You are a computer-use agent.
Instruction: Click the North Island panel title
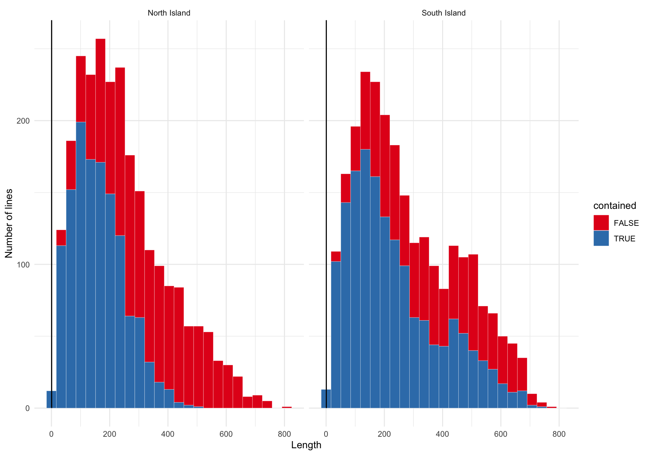pos(169,13)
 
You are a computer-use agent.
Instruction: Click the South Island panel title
pos(443,13)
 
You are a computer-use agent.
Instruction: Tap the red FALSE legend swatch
pos(601,223)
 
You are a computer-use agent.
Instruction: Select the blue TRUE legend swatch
pos(601,238)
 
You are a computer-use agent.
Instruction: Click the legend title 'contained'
pos(615,206)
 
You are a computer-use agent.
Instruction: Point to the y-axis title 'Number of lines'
pos(9,223)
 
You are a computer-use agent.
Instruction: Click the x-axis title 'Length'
pos(306,445)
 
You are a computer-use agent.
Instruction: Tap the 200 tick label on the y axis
pos(23,121)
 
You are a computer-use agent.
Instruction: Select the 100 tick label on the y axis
pos(23,264)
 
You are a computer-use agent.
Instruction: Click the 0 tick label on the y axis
pos(27,408)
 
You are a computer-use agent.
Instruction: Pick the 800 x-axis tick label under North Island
pos(284,434)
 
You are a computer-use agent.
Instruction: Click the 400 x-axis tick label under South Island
pos(442,434)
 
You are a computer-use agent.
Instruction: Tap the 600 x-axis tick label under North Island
pos(226,434)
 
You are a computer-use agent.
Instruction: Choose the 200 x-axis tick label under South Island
pos(384,434)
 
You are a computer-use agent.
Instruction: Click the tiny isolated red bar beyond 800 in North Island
pos(287,407)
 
